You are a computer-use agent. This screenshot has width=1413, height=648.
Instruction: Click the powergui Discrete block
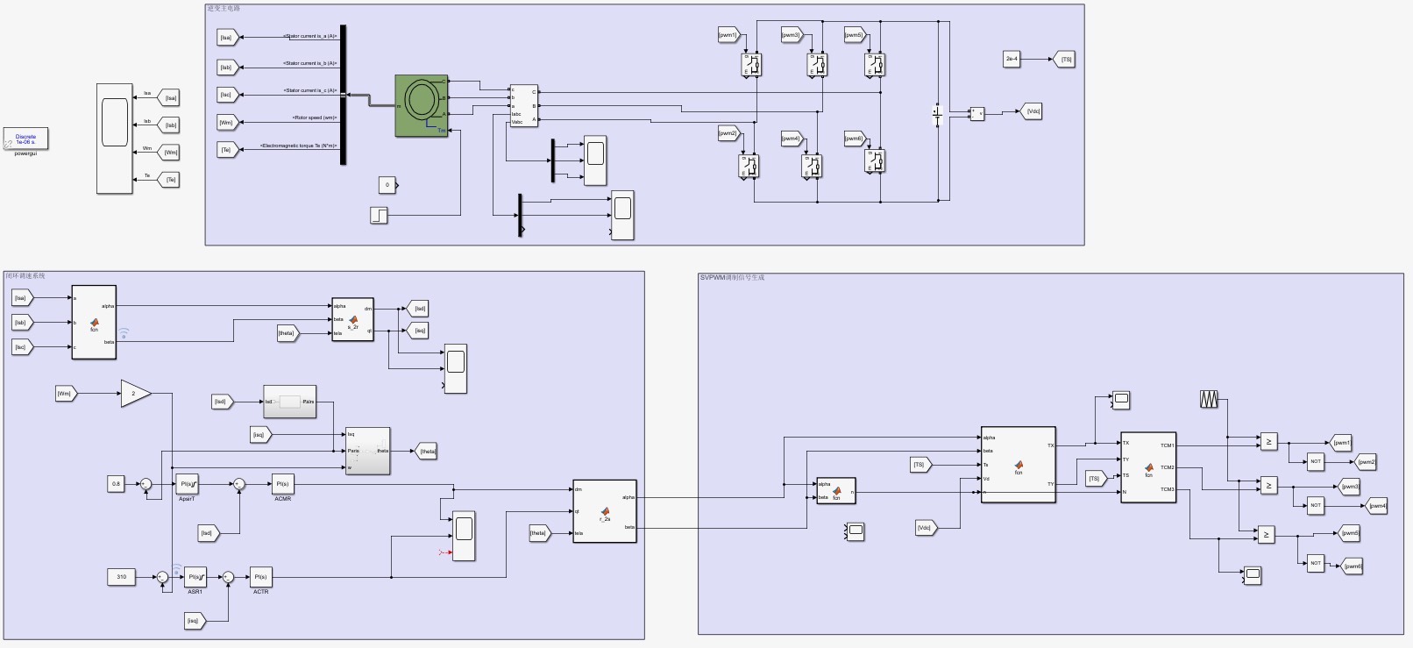[25, 139]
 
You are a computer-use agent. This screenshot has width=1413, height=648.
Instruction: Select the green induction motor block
[422, 105]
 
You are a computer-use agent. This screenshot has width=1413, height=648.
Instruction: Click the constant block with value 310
[121, 577]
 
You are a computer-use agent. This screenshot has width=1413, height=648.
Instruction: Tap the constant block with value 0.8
[116, 483]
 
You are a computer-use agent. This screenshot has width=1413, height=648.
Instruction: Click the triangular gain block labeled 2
[134, 394]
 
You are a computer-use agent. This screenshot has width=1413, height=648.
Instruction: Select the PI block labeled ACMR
[282, 483]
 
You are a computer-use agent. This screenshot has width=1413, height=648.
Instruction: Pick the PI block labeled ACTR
[260, 577]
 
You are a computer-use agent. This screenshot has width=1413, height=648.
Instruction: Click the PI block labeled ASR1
[195, 577]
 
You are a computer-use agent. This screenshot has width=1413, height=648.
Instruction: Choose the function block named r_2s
[604, 510]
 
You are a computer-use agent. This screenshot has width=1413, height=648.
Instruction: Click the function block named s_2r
[352, 319]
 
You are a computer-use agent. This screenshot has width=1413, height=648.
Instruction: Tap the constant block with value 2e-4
[1012, 59]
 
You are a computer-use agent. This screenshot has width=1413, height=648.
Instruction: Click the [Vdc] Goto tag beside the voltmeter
[1033, 111]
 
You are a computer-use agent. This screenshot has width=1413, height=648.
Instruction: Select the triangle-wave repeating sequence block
[1209, 399]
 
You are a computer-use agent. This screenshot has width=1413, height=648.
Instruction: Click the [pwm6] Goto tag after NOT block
[1353, 566]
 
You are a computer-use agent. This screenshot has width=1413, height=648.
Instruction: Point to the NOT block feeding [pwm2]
[1315, 461]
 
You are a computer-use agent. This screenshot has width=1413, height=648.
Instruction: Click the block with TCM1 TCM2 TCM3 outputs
[1148, 467]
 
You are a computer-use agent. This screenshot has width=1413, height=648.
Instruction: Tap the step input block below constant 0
[379, 215]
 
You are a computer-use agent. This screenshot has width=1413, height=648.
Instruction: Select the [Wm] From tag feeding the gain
[65, 394]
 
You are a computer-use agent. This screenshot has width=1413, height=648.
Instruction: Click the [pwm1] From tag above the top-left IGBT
[728, 35]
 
